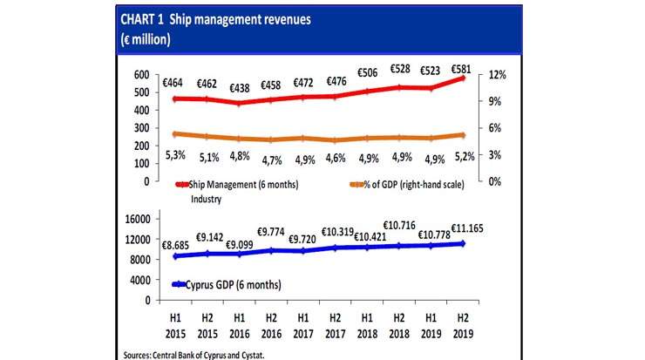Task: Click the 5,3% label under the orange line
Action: pyautogui.click(x=174, y=155)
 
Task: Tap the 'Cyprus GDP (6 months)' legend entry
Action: pyautogui.click(x=227, y=284)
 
